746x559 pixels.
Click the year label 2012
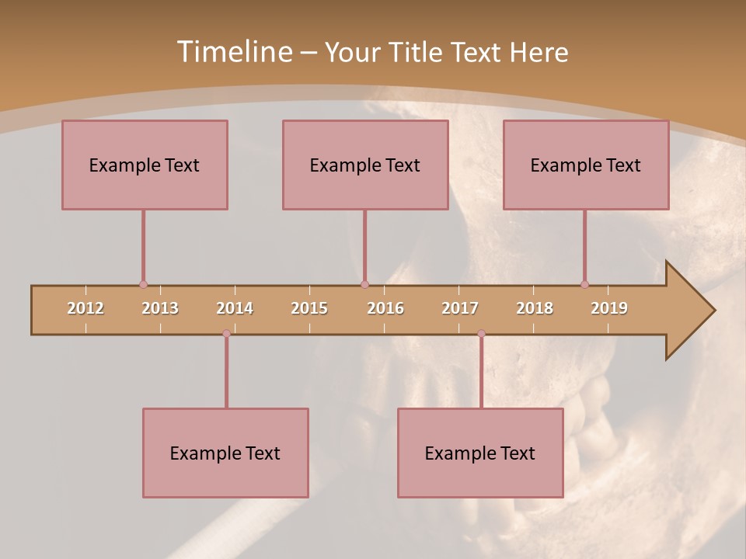[x=85, y=308]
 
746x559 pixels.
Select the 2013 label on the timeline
[x=160, y=308]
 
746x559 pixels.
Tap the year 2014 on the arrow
[x=235, y=308]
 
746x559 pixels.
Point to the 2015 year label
[x=309, y=308]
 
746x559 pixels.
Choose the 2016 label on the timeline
[x=385, y=308]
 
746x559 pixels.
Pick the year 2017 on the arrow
[x=460, y=308]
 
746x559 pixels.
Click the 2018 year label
[x=535, y=308]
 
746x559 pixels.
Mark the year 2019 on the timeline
[x=609, y=308]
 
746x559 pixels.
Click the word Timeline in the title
[x=233, y=52]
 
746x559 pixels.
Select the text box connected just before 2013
[x=145, y=165]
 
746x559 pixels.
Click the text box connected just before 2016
[x=365, y=165]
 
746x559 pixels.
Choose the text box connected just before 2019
[x=586, y=165]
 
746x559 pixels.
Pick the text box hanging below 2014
[x=225, y=453]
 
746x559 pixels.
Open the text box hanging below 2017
[x=480, y=453]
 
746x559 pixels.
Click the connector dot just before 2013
[x=143, y=285]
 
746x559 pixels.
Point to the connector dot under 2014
[x=226, y=334]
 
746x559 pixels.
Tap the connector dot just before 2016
[x=364, y=285]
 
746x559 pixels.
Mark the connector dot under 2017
[x=481, y=334]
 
